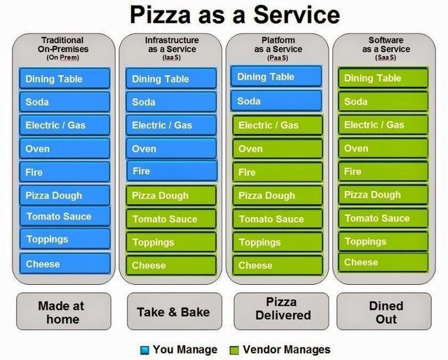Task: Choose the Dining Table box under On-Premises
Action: click(65, 79)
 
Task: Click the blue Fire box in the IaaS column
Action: click(171, 171)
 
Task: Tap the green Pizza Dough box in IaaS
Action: click(171, 196)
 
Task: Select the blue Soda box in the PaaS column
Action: click(276, 101)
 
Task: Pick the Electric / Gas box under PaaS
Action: click(278, 126)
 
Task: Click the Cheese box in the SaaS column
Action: click(383, 262)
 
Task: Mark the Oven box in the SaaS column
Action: click(383, 148)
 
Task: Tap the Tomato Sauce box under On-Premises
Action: click(65, 216)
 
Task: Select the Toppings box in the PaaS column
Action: click(278, 242)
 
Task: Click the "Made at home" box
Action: click(64, 312)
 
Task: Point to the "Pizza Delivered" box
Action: click(278, 309)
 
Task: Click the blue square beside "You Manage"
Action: click(145, 349)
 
